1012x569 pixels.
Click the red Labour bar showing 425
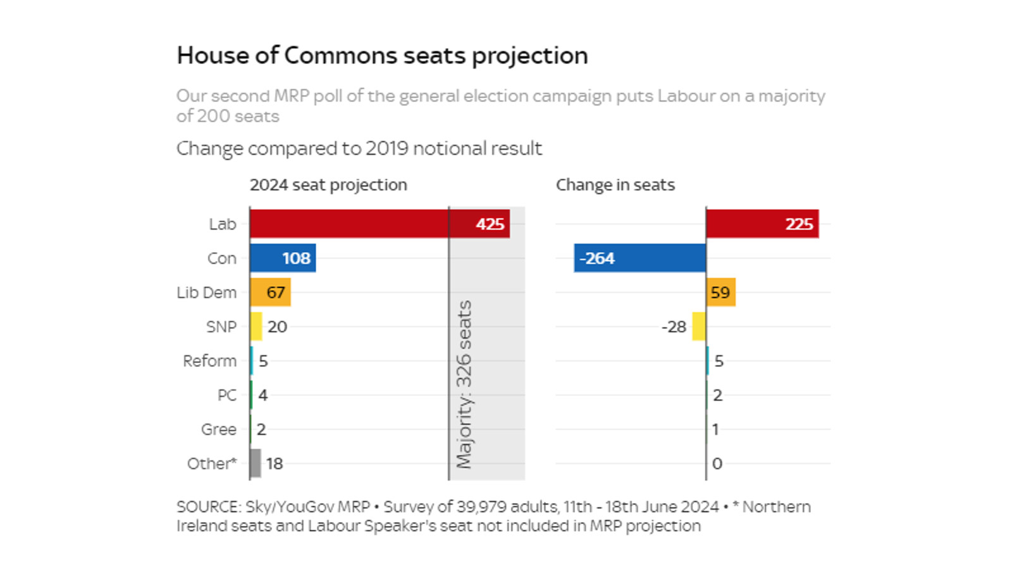pyautogui.click(x=379, y=224)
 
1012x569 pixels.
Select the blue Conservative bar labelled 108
pyautogui.click(x=282, y=258)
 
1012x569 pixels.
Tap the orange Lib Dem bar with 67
pyautogui.click(x=270, y=292)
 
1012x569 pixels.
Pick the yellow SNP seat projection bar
pyautogui.click(x=256, y=327)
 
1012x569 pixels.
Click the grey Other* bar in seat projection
pyautogui.click(x=256, y=463)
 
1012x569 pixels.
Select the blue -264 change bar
pyautogui.click(x=639, y=258)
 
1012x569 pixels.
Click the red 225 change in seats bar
pyautogui.click(x=762, y=224)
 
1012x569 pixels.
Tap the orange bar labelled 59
pyautogui.click(x=720, y=292)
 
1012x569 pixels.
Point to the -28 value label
pyautogui.click(x=674, y=327)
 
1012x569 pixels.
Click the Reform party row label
pyautogui.click(x=209, y=361)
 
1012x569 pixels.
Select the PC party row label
pyautogui.click(x=226, y=395)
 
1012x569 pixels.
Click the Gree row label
pyautogui.click(x=218, y=429)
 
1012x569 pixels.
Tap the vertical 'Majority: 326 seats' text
pyautogui.click(x=464, y=384)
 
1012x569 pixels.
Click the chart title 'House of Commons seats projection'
pyautogui.click(x=382, y=56)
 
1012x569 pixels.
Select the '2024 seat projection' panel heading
pyautogui.click(x=328, y=185)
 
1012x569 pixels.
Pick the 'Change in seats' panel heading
pyautogui.click(x=615, y=185)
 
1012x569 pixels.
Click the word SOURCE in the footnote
pyautogui.click(x=208, y=507)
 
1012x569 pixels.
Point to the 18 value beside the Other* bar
pyautogui.click(x=275, y=463)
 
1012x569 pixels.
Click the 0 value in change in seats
pyautogui.click(x=717, y=463)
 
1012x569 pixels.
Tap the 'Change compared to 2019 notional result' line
pyautogui.click(x=359, y=149)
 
